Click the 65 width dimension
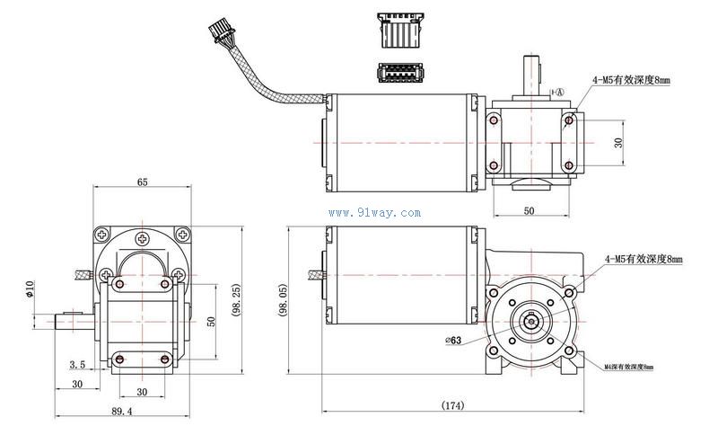click(142, 182)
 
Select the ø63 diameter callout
click(452, 340)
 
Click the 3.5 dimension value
click(76, 365)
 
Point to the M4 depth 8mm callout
click(629, 367)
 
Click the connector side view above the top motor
click(397, 31)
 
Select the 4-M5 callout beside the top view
click(630, 81)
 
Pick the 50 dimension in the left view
click(211, 321)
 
